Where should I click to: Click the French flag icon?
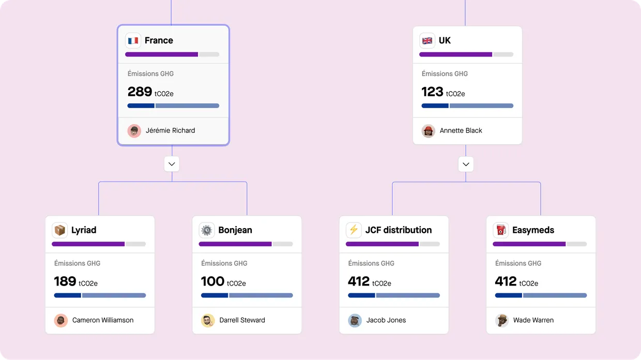click(133, 40)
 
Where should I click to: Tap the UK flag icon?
click(427, 40)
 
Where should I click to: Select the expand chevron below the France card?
click(172, 164)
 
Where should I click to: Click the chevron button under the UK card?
click(466, 164)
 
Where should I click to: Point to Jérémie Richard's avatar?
click(134, 130)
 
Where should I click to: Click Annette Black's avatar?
click(429, 130)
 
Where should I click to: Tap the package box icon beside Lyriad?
click(60, 230)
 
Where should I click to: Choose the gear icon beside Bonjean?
click(207, 230)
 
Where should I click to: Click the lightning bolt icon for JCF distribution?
click(354, 230)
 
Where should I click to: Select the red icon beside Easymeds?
click(500, 230)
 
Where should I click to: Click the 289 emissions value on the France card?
click(140, 92)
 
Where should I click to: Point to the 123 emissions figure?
click(432, 92)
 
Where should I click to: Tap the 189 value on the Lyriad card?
click(65, 281)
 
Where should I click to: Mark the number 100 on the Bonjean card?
click(212, 281)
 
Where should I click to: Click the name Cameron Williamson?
click(103, 320)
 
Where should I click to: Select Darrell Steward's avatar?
click(208, 320)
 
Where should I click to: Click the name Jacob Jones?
click(386, 320)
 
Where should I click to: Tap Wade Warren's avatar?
click(502, 320)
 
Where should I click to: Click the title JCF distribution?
click(399, 230)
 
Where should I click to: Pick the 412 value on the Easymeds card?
click(506, 281)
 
